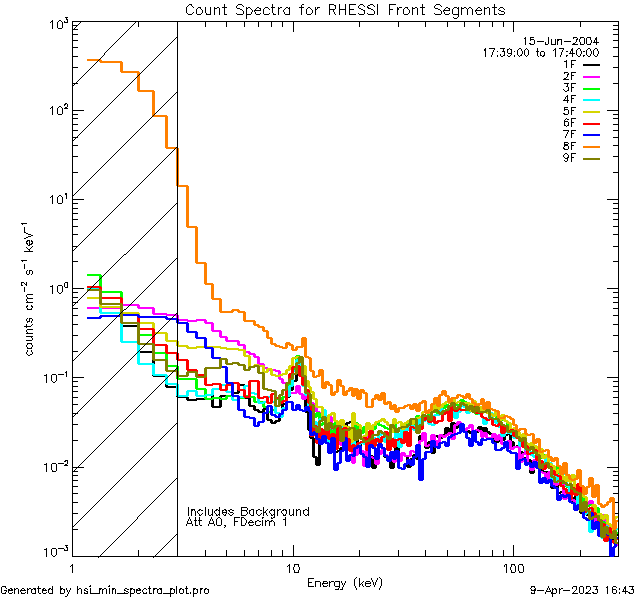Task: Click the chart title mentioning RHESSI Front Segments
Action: [345, 10]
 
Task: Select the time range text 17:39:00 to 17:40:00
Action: [540, 53]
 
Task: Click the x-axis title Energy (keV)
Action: [345, 583]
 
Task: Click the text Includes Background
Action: [248, 512]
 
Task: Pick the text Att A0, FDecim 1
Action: [237, 523]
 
